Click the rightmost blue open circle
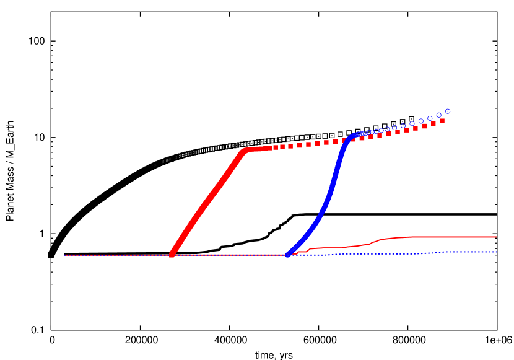(x=448, y=112)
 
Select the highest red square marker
(x=442, y=121)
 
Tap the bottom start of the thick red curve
(x=172, y=253)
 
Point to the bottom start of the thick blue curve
(x=288, y=254)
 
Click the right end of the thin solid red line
(x=497, y=237)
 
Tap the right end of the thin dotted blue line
(x=497, y=252)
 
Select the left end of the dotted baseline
(x=65, y=255)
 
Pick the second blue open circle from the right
(x=439, y=115)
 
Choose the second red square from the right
(x=433, y=123)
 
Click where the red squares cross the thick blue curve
(x=345, y=141)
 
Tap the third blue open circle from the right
(x=430, y=118)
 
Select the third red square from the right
(x=424, y=126)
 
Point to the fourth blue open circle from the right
(x=421, y=121)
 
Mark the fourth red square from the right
(x=416, y=128)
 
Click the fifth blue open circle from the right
(x=412, y=124)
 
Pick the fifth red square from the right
(x=407, y=130)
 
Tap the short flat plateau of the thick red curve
(x=259, y=149)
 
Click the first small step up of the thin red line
(x=297, y=252)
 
